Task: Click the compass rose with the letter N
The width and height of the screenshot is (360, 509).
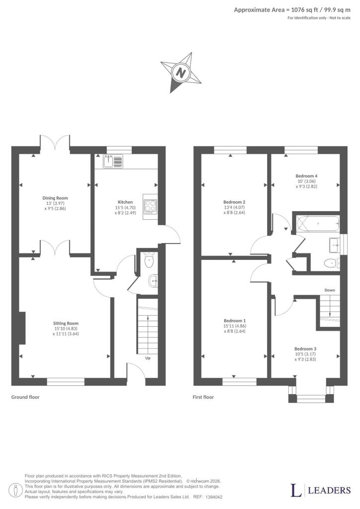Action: point(181,73)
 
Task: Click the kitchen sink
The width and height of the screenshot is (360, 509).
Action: point(113,162)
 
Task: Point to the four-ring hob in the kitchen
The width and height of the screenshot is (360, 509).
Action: point(150,207)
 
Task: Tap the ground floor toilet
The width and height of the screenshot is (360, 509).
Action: point(149,260)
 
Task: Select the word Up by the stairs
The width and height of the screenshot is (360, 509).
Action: point(148,358)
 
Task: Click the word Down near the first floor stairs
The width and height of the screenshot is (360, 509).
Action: point(330,290)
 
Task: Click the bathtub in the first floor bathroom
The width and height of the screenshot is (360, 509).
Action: point(318,224)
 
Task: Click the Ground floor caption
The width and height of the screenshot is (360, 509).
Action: point(25,397)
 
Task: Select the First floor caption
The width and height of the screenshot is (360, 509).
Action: point(203,397)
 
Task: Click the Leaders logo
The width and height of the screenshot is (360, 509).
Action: point(320,490)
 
